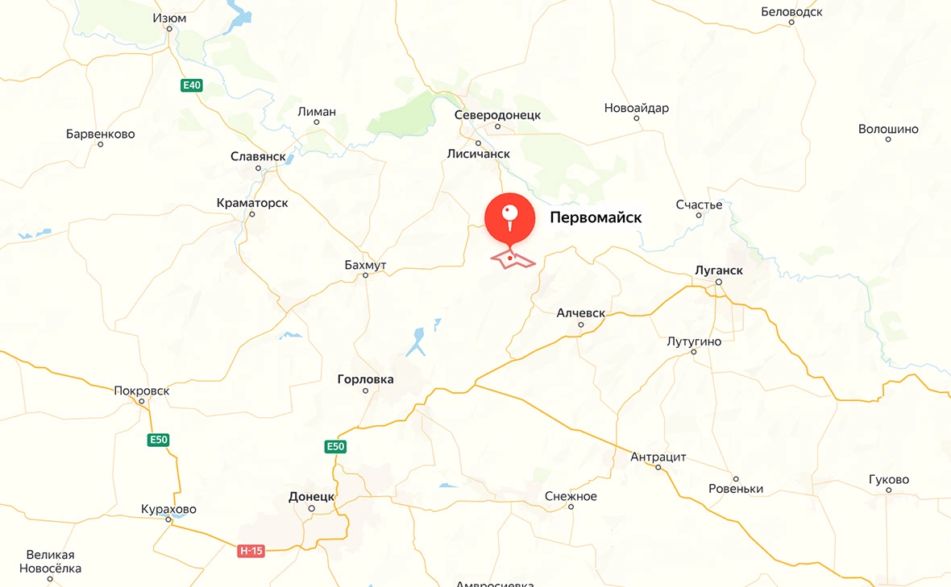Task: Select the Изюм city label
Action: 170,18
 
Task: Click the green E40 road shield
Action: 191,85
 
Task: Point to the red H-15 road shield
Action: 251,551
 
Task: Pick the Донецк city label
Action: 311,497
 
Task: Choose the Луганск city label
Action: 718,271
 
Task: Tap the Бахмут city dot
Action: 365,275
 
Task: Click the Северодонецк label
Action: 497,115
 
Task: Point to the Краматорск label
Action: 252,203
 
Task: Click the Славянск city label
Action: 258,156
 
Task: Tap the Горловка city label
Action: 365,379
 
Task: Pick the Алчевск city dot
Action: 581,325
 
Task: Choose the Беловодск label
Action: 791,12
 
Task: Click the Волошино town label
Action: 888,129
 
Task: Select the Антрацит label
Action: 658,457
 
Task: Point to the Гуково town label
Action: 889,480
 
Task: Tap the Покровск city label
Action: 142,391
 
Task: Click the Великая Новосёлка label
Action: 50,561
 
